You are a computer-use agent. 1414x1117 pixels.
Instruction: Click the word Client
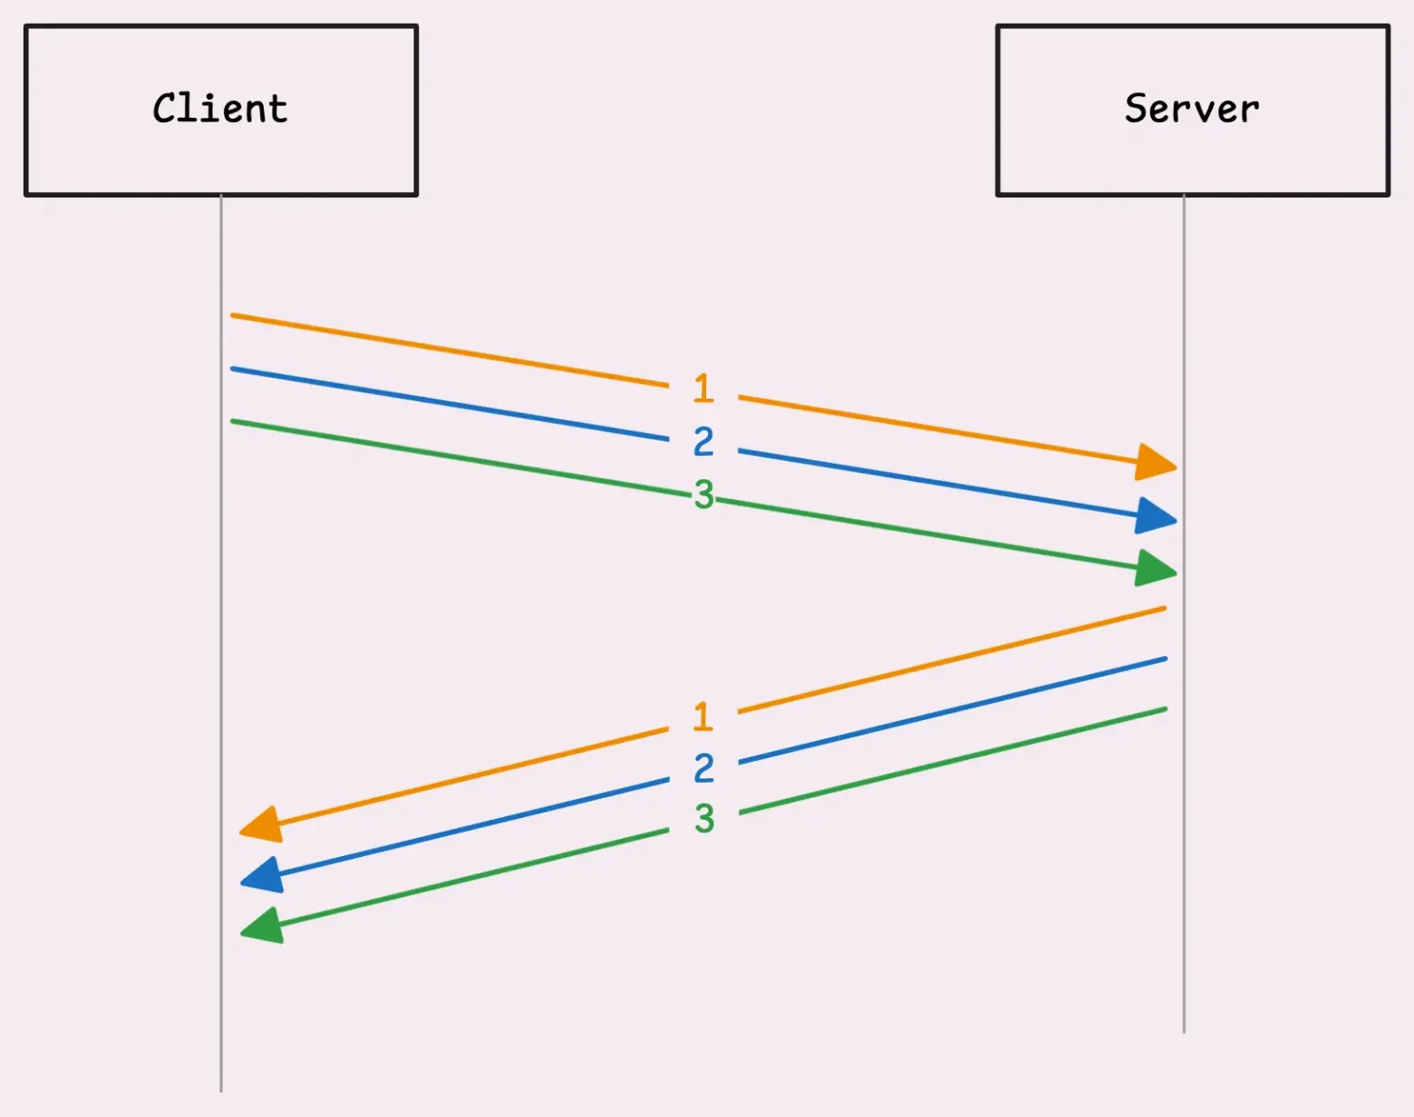220,109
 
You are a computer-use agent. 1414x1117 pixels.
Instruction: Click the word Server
1192,109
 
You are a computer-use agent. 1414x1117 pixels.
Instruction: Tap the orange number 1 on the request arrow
703,388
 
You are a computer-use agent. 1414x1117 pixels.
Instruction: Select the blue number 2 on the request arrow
703,441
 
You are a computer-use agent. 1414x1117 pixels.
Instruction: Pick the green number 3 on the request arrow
704,494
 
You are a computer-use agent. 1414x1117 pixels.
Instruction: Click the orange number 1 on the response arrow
703,717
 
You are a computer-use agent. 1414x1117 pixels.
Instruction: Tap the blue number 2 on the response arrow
704,767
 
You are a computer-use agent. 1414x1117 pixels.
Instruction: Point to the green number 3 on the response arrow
705,819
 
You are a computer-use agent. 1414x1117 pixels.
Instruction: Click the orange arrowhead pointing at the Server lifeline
1155,462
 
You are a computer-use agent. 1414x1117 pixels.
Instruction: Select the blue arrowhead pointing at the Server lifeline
1155,515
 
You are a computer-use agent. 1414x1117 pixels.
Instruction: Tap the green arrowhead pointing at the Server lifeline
1155,568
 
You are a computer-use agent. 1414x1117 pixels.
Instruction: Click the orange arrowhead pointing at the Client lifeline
262,824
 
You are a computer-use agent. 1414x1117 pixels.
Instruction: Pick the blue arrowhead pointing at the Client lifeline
262,875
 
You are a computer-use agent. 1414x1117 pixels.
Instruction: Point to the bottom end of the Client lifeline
221,1092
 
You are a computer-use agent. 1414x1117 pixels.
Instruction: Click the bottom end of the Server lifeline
1184,1032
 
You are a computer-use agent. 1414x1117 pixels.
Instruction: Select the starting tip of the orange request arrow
232,316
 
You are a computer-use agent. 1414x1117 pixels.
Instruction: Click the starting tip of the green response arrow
1166,709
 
